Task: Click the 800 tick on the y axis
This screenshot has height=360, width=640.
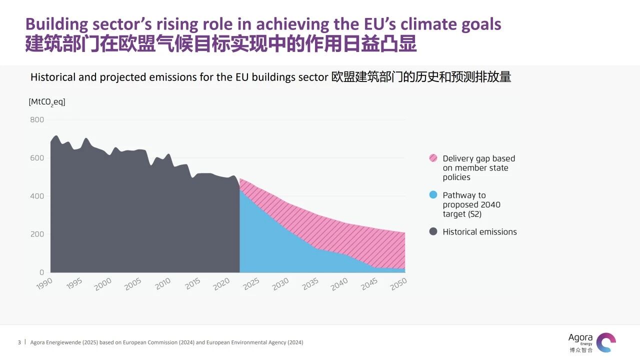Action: coord(37,120)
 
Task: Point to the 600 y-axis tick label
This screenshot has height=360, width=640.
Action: coord(37,158)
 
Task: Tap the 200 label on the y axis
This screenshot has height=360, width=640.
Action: coord(37,234)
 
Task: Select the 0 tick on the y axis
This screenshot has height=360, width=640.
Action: coord(41,272)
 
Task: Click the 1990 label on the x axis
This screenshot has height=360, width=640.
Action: coord(44,283)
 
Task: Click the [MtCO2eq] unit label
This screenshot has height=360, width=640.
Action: coord(47,102)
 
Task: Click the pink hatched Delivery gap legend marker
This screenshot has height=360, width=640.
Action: coord(433,158)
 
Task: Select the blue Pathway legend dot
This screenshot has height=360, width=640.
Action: coord(433,195)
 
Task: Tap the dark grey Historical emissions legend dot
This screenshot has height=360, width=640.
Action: coord(433,231)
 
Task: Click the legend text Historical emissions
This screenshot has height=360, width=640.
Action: coord(479,232)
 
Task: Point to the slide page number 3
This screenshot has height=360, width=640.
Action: coord(19,342)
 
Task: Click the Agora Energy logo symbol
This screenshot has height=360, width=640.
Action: coord(606,342)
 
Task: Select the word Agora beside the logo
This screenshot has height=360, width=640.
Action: coord(580,337)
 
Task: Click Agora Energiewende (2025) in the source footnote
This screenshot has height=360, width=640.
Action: coord(63,342)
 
